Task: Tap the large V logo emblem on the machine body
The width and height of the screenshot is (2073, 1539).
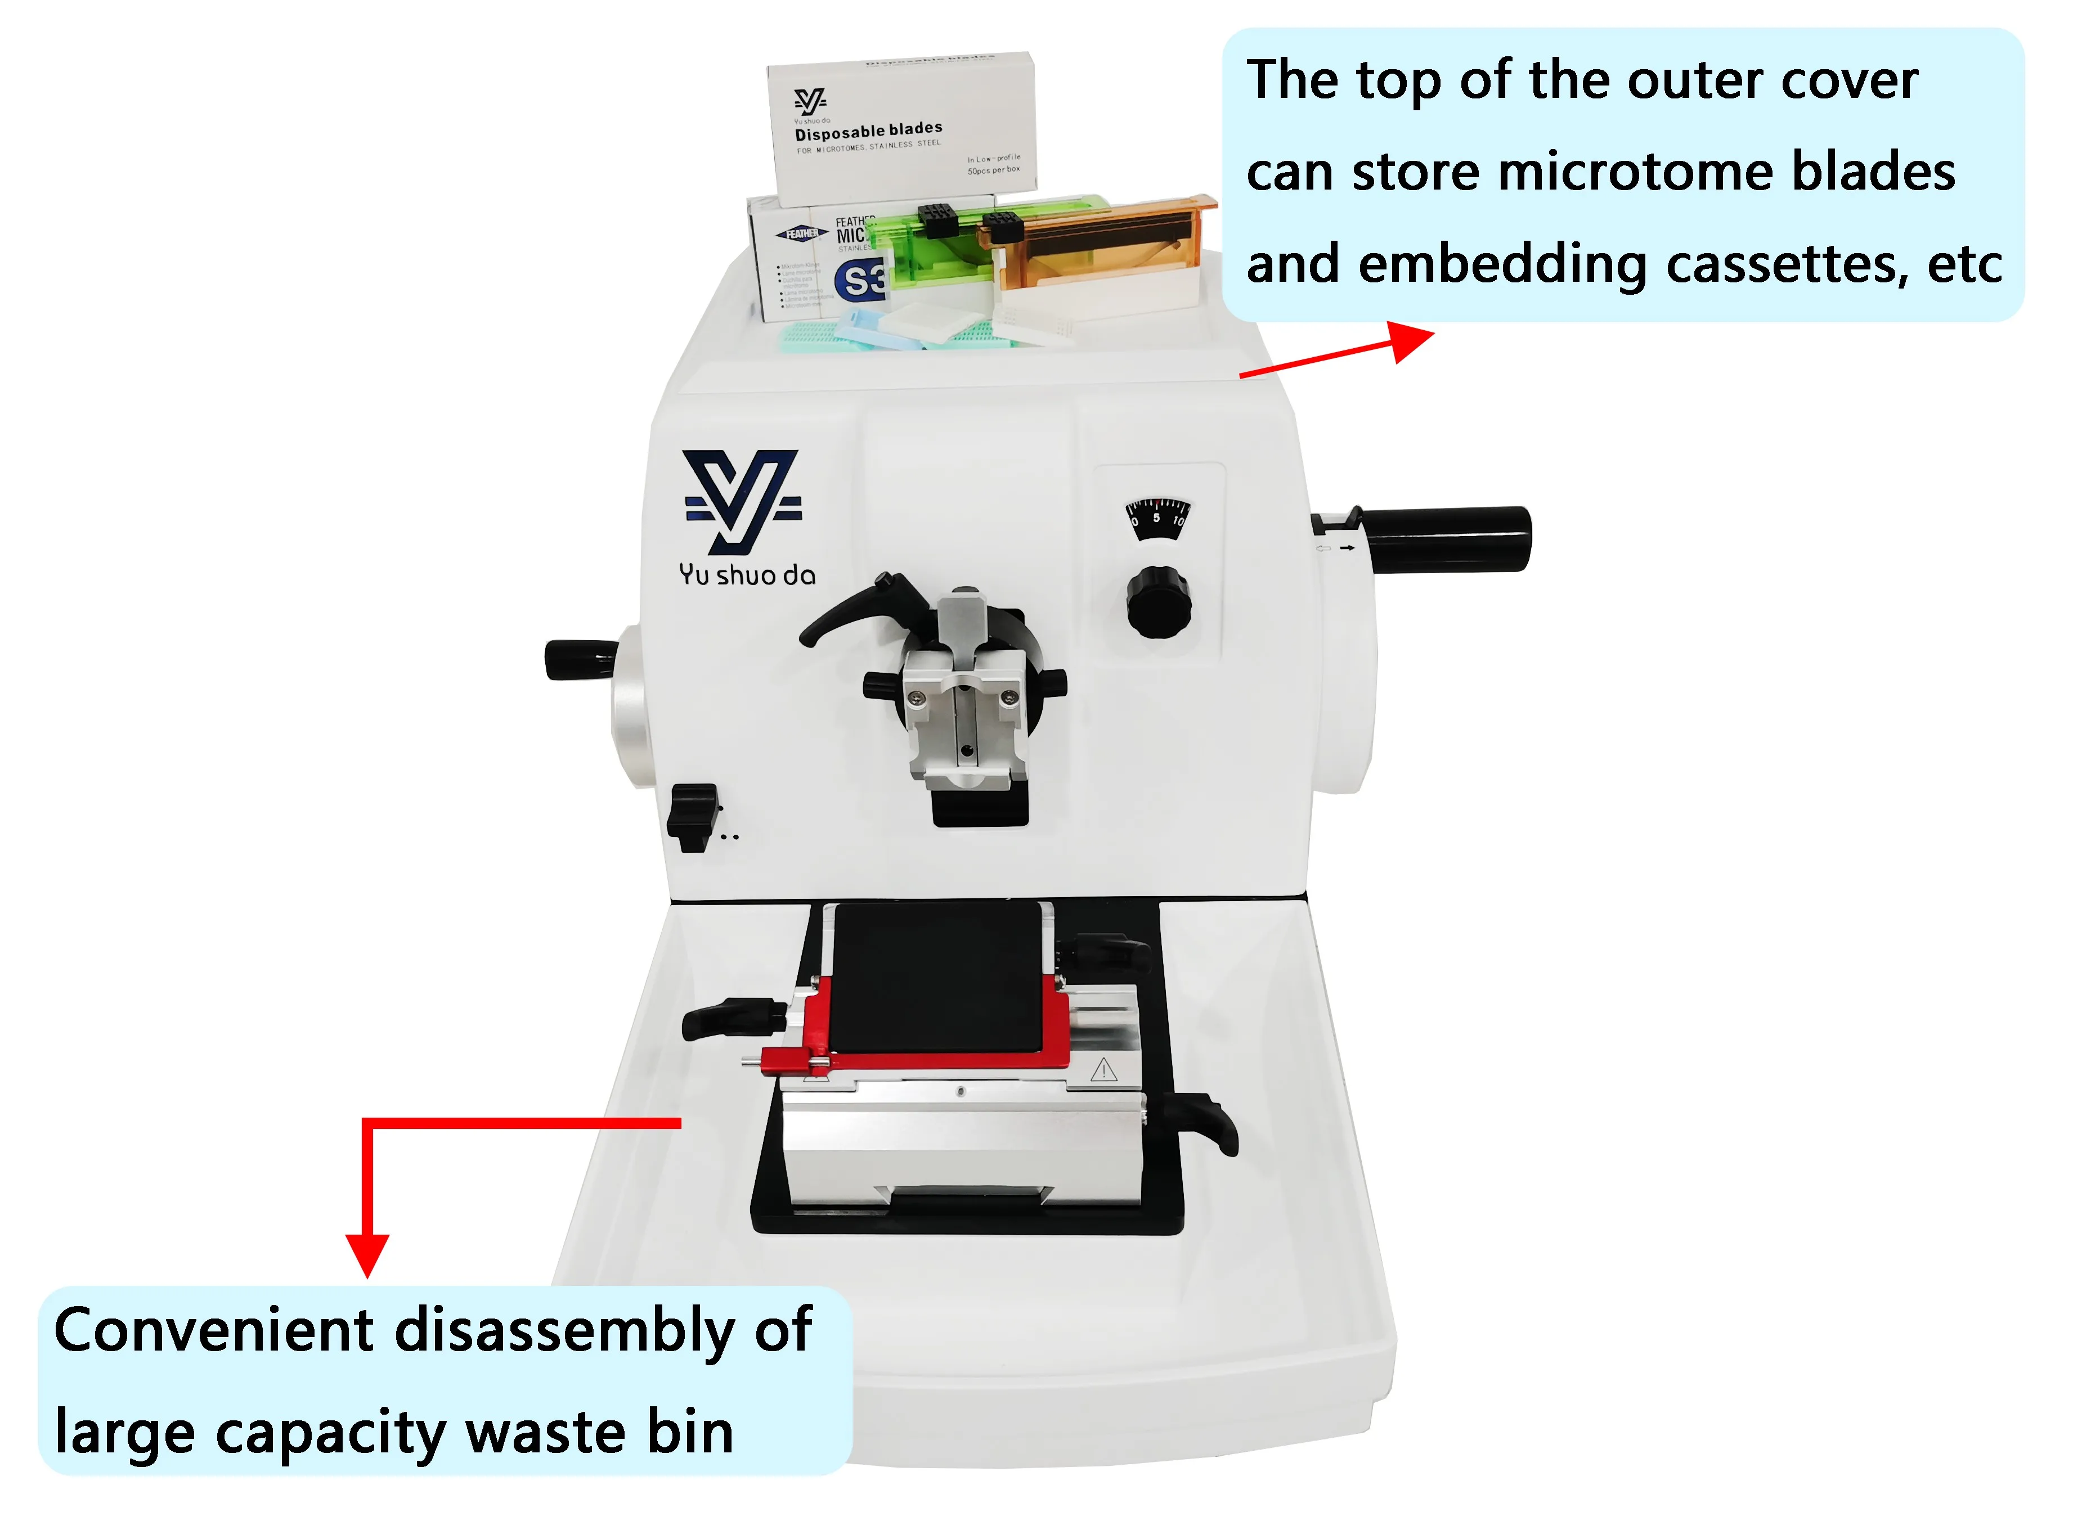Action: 743,500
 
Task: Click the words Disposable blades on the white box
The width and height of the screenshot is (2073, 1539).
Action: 868,130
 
